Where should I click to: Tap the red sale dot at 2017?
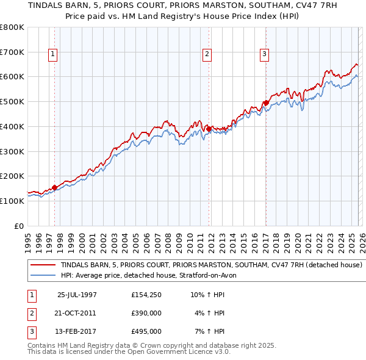266,103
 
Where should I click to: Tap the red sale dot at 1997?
55,187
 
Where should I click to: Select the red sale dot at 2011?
209,129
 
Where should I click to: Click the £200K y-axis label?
12,176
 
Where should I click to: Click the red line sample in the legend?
43,265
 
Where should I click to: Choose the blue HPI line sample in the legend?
43,275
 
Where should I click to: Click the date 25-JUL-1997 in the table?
77,294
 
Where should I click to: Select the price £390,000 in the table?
146,312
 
